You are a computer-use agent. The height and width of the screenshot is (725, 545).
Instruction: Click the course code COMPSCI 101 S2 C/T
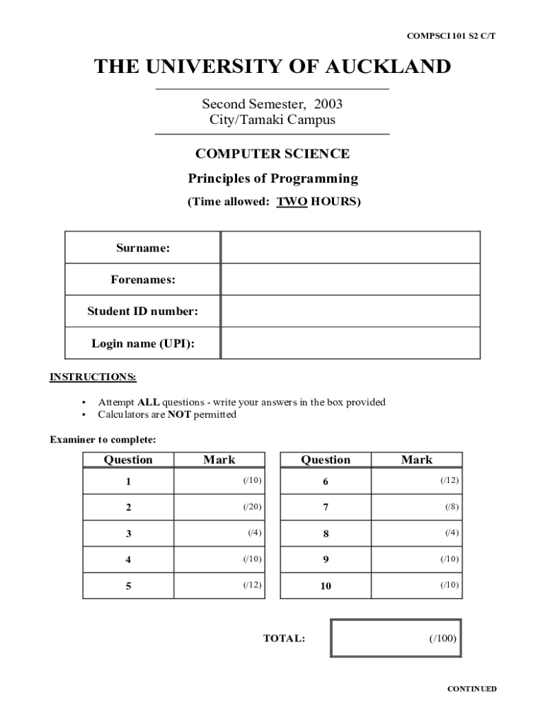pyautogui.click(x=451, y=35)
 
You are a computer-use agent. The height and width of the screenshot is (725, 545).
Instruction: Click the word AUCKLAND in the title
pyautogui.click(x=388, y=67)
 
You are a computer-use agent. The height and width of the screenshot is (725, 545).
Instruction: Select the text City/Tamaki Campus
pyautogui.click(x=272, y=120)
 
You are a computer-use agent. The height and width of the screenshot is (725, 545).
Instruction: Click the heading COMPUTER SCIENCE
pyautogui.click(x=272, y=154)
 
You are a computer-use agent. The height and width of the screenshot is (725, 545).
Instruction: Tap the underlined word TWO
pyautogui.click(x=292, y=202)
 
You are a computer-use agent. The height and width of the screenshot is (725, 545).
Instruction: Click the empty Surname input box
pyautogui.click(x=350, y=247)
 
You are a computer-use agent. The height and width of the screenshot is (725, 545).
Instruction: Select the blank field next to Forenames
pyautogui.click(x=350, y=279)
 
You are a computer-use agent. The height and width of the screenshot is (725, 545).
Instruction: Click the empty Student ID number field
pyautogui.click(x=350, y=311)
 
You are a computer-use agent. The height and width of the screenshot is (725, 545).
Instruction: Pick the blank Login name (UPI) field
pyautogui.click(x=350, y=343)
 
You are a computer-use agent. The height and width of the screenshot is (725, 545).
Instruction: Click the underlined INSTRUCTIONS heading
pyautogui.click(x=93, y=377)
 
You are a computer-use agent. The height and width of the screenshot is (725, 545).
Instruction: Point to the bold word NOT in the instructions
pyautogui.click(x=179, y=415)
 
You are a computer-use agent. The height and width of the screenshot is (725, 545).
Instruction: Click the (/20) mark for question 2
pyautogui.click(x=253, y=507)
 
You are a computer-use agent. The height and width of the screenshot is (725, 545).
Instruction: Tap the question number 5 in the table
pyautogui.click(x=128, y=586)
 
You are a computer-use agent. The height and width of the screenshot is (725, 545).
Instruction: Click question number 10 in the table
pyautogui.click(x=326, y=586)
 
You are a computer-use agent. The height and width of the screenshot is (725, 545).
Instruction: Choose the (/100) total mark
pyautogui.click(x=442, y=638)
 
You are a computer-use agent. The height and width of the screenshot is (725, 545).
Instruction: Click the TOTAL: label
pyautogui.click(x=284, y=639)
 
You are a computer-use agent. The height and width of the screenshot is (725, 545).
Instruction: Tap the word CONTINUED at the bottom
pyautogui.click(x=471, y=689)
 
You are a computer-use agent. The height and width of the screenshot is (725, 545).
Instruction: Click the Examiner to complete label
pyautogui.click(x=103, y=440)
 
